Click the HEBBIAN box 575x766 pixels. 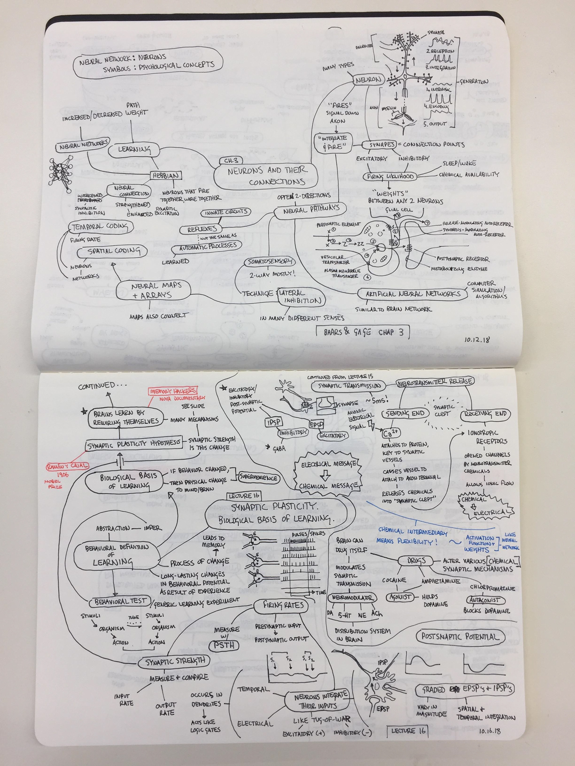(166, 176)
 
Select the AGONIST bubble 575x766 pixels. (400, 597)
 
